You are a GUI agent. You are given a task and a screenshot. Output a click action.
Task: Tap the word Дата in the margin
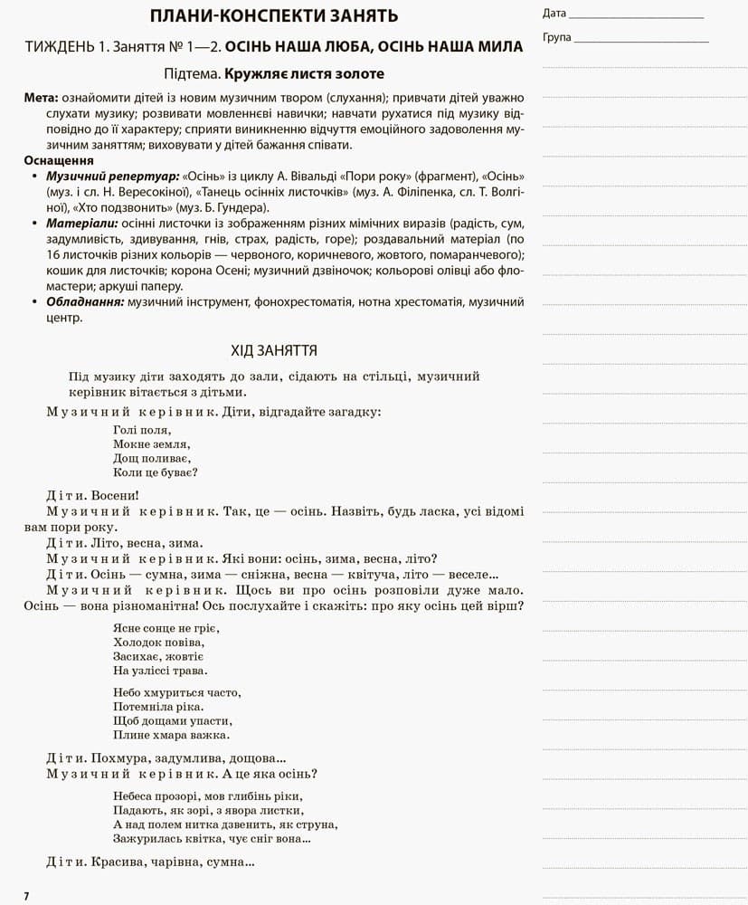554,14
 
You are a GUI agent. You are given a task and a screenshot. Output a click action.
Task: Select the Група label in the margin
557,38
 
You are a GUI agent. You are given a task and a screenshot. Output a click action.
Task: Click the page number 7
26,896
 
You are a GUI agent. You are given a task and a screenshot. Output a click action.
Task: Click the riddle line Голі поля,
142,430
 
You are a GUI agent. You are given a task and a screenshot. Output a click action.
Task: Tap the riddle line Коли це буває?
156,472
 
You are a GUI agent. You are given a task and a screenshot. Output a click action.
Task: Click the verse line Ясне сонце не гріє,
166,628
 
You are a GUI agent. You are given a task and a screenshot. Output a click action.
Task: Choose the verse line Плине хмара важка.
158,735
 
